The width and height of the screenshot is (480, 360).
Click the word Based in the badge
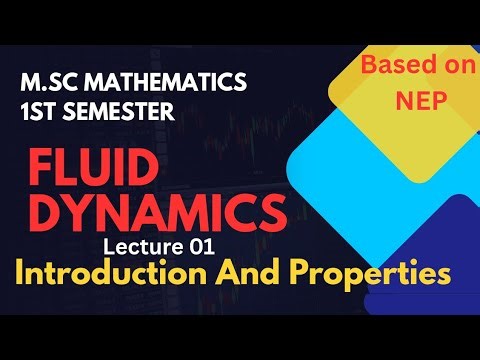(x=376, y=65)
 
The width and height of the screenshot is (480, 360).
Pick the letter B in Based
(x=352, y=65)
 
